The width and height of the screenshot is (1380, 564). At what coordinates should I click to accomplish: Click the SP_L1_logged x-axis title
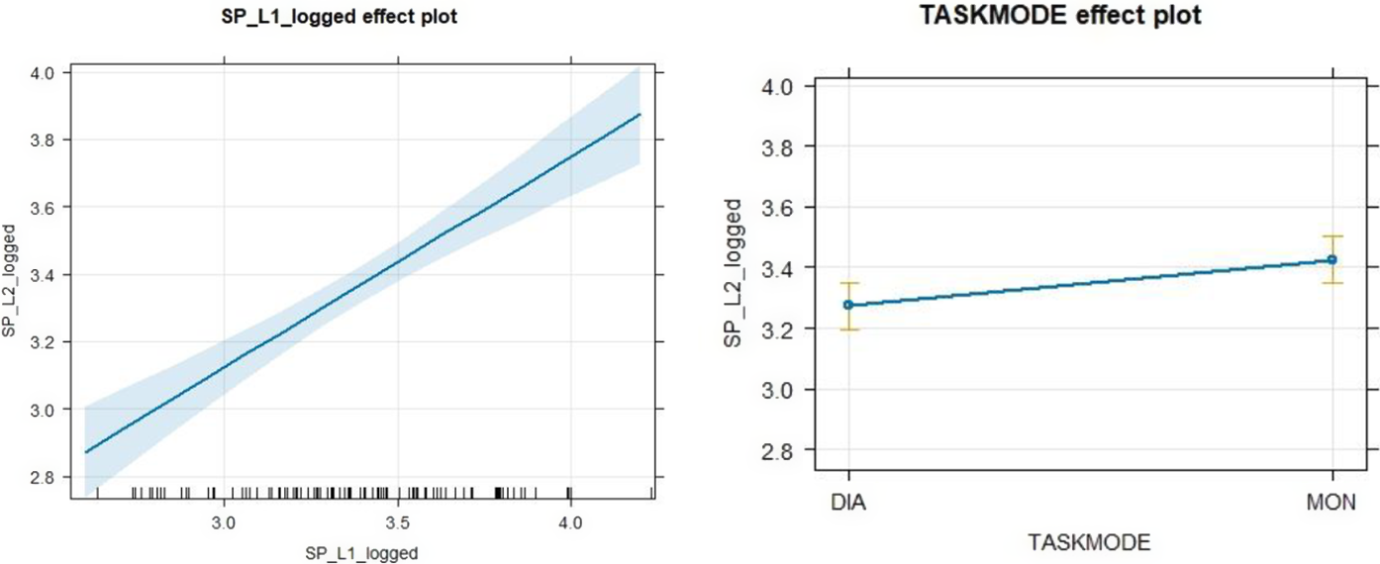[362, 552]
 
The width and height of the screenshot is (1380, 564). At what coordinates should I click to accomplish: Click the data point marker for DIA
[848, 305]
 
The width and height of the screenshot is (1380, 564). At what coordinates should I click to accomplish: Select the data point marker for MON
[1332, 259]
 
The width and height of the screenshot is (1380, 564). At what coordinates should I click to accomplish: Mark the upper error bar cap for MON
[1332, 236]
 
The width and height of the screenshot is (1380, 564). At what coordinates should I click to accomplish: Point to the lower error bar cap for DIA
[848, 329]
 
